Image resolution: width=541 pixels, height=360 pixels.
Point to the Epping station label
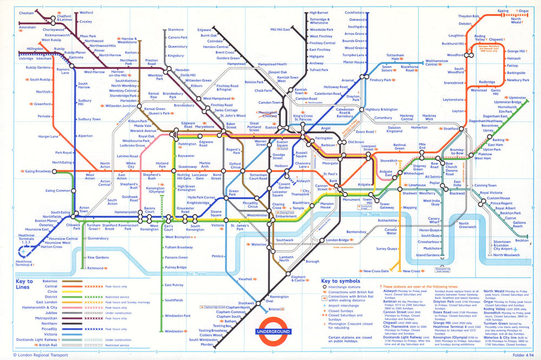click(503, 10)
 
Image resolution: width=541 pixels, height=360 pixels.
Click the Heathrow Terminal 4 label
click(17, 263)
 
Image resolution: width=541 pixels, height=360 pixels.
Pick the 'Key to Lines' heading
click(24, 284)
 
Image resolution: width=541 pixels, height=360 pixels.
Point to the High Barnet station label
click(319, 12)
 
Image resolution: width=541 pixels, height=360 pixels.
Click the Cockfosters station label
click(355, 12)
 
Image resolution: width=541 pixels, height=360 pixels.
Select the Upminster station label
click(518, 97)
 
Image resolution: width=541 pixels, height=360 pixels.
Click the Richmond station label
click(96, 268)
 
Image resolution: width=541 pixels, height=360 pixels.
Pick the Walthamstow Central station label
click(437, 63)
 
